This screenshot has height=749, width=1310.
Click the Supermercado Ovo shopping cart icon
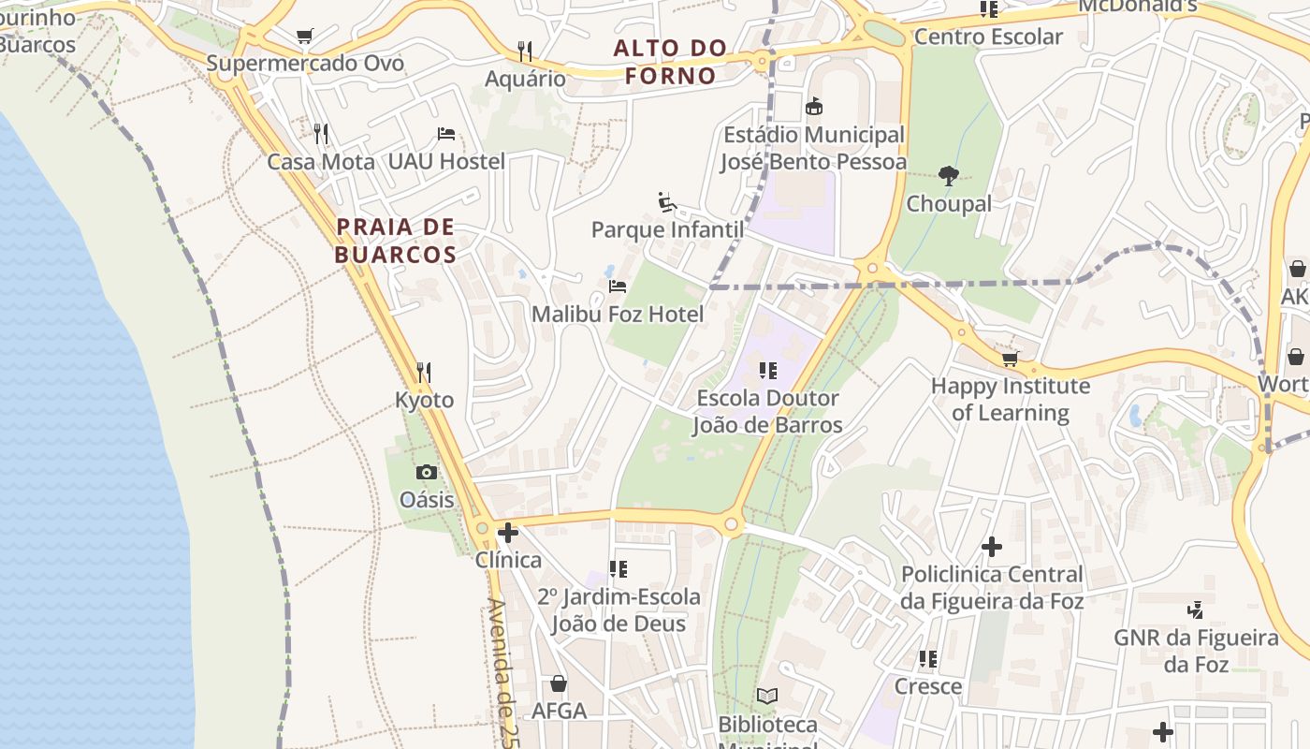[304, 37]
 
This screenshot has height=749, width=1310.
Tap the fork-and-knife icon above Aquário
[525, 51]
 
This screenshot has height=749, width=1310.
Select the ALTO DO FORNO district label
[670, 62]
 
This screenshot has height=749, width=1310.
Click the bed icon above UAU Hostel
[446, 134]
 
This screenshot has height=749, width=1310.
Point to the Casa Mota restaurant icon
[321, 134]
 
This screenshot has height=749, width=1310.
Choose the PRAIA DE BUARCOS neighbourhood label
[396, 241]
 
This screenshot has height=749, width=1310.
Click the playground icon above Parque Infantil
[667, 202]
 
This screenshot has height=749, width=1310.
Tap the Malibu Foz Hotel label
[618, 315]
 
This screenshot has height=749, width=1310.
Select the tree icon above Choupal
[949, 176]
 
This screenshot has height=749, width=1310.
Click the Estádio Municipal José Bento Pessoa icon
[814, 107]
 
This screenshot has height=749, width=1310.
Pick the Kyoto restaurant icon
[424, 373]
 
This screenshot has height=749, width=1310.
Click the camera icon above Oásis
[427, 472]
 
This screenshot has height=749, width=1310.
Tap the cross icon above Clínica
[508, 533]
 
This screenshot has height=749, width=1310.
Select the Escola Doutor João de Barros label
[767, 412]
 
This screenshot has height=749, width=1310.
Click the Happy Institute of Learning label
[1011, 399]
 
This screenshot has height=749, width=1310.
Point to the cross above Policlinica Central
[992, 546]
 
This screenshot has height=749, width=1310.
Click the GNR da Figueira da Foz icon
[1195, 610]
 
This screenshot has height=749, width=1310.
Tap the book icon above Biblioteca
[767, 696]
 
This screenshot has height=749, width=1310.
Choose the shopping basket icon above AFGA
[559, 683]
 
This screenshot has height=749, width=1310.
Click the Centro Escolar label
[988, 37]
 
